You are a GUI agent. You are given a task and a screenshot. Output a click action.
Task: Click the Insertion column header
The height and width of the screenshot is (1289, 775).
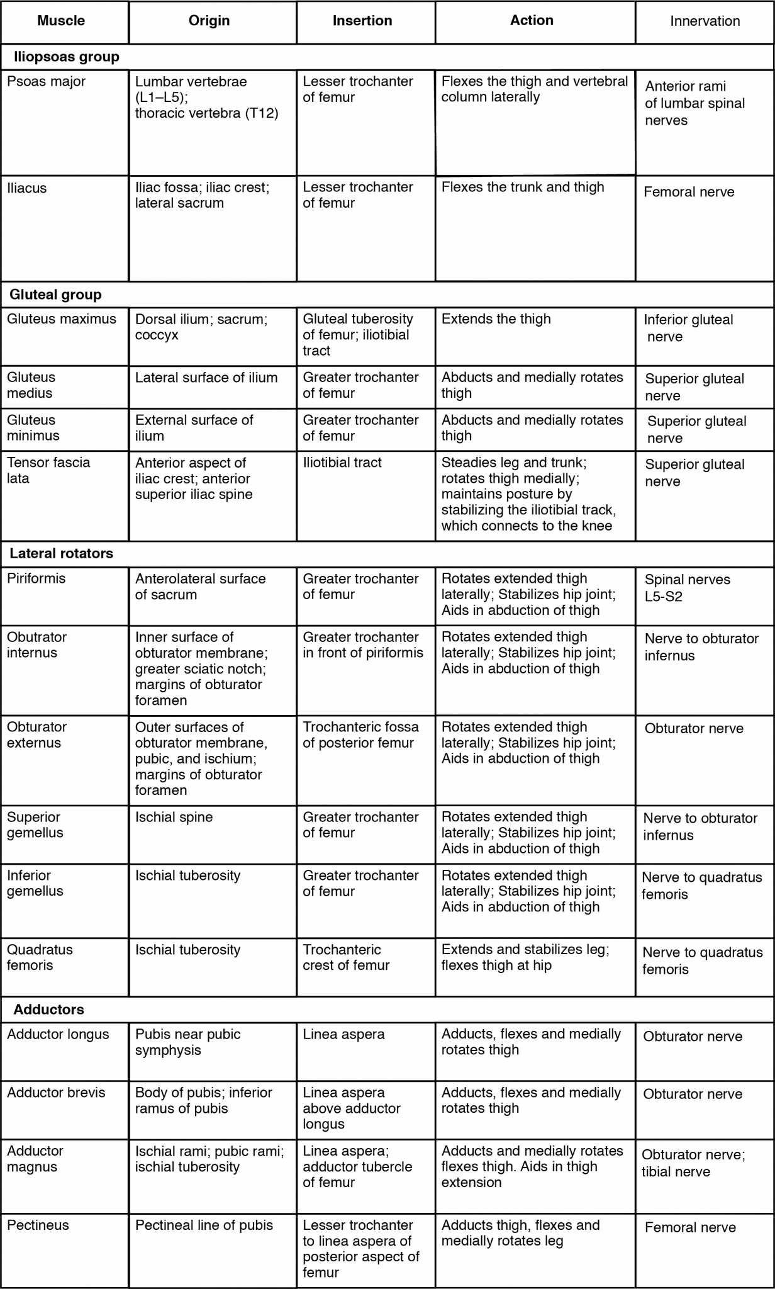pos(362,21)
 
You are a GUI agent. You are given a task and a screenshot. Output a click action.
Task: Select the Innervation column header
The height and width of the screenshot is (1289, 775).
pos(705,21)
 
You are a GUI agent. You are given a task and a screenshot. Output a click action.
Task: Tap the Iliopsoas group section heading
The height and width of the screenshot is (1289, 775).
pos(66,57)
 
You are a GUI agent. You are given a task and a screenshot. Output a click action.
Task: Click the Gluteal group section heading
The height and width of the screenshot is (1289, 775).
pos(55,295)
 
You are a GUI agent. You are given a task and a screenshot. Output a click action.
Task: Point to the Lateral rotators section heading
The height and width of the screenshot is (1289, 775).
pos(62,554)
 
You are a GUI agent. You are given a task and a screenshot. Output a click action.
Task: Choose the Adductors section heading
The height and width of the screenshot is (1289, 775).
pos(48,1010)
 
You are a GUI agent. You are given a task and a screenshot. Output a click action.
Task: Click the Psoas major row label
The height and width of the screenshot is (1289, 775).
pos(47,82)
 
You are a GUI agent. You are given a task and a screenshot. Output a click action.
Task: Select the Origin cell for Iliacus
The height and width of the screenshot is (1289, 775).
pos(202,195)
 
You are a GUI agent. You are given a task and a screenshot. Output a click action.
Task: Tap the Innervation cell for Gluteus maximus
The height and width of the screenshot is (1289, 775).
pos(688,328)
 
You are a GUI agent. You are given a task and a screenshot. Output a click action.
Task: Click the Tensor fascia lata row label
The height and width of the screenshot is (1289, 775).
pos(48,470)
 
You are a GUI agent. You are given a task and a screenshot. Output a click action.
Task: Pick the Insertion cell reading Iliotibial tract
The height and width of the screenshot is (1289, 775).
pos(342,463)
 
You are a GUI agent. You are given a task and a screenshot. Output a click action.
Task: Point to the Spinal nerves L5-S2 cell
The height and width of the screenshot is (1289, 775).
pos(687,588)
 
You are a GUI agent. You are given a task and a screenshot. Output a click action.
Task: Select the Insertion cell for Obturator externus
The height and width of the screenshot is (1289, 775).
pos(360,735)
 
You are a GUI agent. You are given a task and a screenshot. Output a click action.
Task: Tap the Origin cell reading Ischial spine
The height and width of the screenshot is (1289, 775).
pos(174,817)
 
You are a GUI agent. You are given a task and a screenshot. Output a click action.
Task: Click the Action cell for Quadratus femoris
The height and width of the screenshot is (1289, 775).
pos(525,957)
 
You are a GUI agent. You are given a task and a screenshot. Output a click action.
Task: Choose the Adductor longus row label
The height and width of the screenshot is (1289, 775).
pos(58,1034)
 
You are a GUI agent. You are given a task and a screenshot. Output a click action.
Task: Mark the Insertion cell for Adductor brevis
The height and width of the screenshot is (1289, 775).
pos(352,1108)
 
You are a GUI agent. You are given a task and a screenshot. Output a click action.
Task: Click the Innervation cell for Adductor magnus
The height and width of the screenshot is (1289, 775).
pos(693,1163)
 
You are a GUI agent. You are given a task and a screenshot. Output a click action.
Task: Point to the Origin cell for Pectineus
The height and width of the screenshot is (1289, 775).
pos(204,1225)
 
